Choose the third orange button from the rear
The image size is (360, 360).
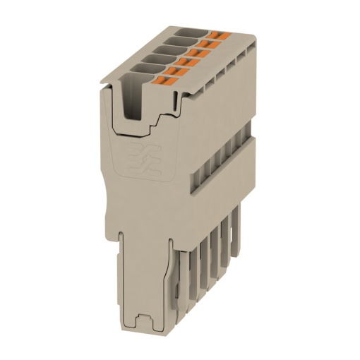click(199, 52)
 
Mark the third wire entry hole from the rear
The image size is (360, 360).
click(167, 50)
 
